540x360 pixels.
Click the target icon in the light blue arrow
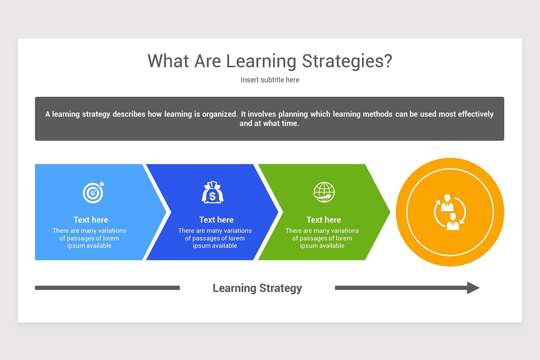[x=93, y=192]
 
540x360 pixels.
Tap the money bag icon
[x=212, y=192]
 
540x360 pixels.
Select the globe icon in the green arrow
[x=324, y=192]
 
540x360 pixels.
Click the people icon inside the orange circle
[x=450, y=212]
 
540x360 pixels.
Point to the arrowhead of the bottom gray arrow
[x=473, y=288]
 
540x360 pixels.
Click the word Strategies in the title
[x=346, y=61]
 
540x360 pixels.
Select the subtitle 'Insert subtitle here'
[x=270, y=80]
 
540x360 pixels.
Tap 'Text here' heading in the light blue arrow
[x=91, y=220]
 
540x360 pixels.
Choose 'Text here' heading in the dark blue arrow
[x=216, y=220]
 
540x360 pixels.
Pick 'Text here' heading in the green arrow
[x=324, y=220]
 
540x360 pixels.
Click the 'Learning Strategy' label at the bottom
[x=257, y=288]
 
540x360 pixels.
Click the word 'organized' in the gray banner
[x=219, y=114]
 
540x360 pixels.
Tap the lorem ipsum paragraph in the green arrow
[x=322, y=238]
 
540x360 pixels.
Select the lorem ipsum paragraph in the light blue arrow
[x=89, y=238]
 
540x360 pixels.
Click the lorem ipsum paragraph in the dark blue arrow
[x=215, y=238]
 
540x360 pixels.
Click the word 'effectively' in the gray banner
[x=476, y=114]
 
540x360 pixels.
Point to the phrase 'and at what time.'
[x=269, y=123]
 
